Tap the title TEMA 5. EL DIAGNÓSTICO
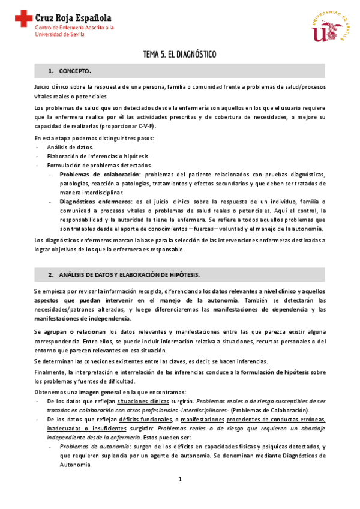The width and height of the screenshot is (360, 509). (179, 55)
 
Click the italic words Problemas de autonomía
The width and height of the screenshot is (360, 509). (92, 446)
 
